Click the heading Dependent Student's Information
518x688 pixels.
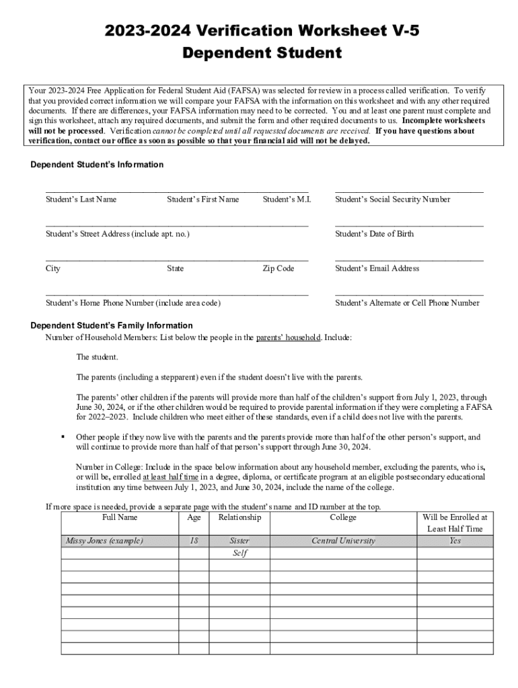pos(97,165)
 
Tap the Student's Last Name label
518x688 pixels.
pos(81,200)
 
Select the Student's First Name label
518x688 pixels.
pos(202,200)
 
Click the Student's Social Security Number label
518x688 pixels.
pos(392,200)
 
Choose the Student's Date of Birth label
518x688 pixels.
pos(374,234)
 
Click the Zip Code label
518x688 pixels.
pos(278,269)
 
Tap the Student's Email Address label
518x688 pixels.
pos(377,269)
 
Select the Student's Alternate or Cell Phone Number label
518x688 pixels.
pos(407,303)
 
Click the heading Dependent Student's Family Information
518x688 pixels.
pos(112,326)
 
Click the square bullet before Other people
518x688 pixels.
pos(63,437)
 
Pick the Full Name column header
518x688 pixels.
pos(120,517)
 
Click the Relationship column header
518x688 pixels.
pos(239,517)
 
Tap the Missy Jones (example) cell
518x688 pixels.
pos(104,541)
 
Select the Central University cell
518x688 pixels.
pos(343,541)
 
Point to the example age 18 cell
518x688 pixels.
pos(194,541)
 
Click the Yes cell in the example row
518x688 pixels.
pos(455,541)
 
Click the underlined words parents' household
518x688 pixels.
pos(288,337)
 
